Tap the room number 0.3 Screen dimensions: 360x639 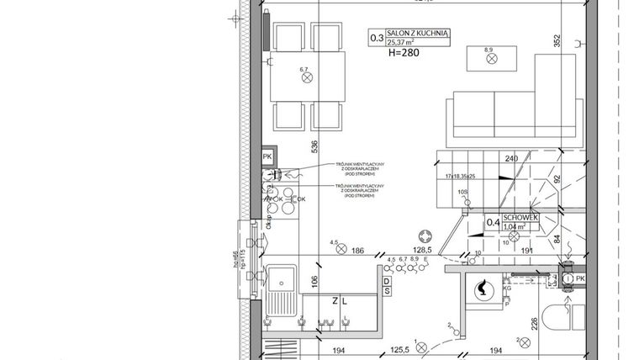(x=376, y=38)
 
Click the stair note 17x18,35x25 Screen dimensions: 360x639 (x=456, y=177)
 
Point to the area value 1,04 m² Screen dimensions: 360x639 (x=515, y=226)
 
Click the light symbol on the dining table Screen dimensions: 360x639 (x=306, y=77)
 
